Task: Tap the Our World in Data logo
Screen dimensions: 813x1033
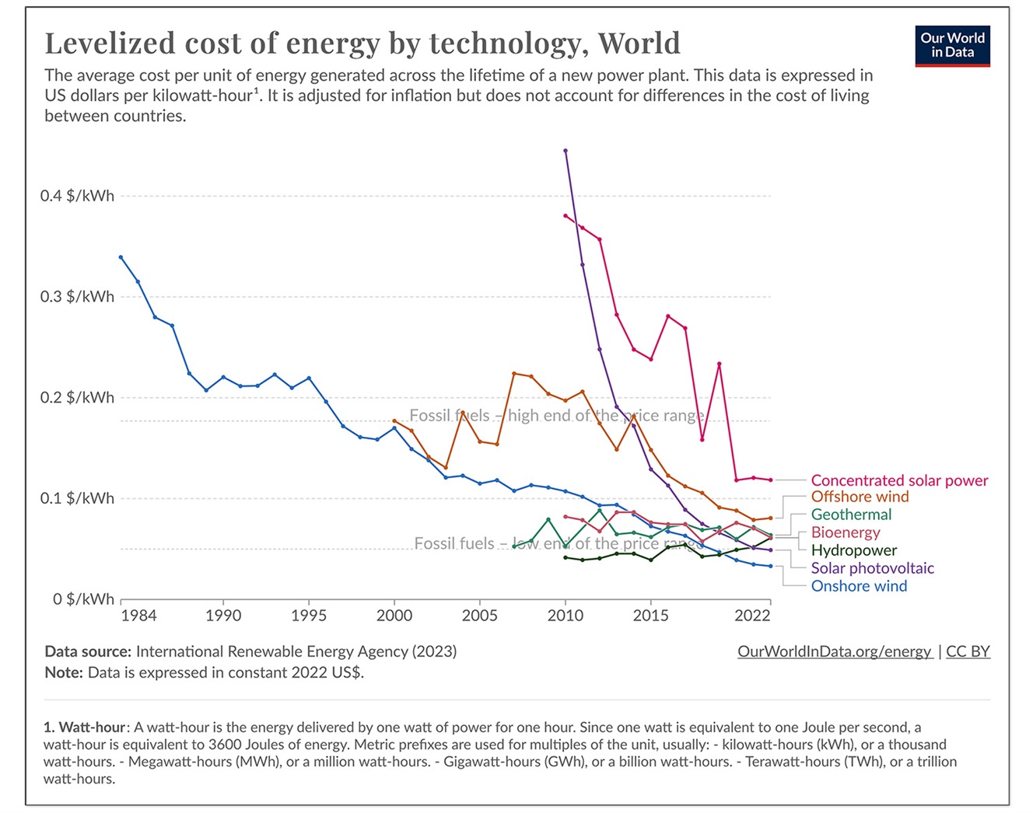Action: coord(952,45)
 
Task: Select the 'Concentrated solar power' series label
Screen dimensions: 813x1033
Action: coord(899,480)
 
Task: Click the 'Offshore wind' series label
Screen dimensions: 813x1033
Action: coord(860,497)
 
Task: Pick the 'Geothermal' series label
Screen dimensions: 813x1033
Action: coord(851,515)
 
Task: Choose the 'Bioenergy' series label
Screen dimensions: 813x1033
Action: coord(846,532)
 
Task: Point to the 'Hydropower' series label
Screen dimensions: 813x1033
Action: coord(853,550)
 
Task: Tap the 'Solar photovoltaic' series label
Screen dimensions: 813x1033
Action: coord(872,568)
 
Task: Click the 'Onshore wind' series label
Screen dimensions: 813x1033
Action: coord(859,586)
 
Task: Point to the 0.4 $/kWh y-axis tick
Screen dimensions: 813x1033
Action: coord(77,196)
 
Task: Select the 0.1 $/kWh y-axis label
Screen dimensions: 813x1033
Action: coord(77,498)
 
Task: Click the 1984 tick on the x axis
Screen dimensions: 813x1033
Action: coord(138,616)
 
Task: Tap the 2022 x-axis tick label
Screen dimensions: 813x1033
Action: coord(752,616)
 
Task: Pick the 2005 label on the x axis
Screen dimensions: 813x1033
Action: coord(479,616)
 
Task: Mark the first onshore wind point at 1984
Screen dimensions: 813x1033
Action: coord(121,257)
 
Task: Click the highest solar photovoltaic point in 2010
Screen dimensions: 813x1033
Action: coord(566,151)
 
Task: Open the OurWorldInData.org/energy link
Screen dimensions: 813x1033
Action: coord(834,651)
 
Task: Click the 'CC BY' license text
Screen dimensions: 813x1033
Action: coord(968,651)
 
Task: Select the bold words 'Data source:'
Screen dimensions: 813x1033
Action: coord(87,651)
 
